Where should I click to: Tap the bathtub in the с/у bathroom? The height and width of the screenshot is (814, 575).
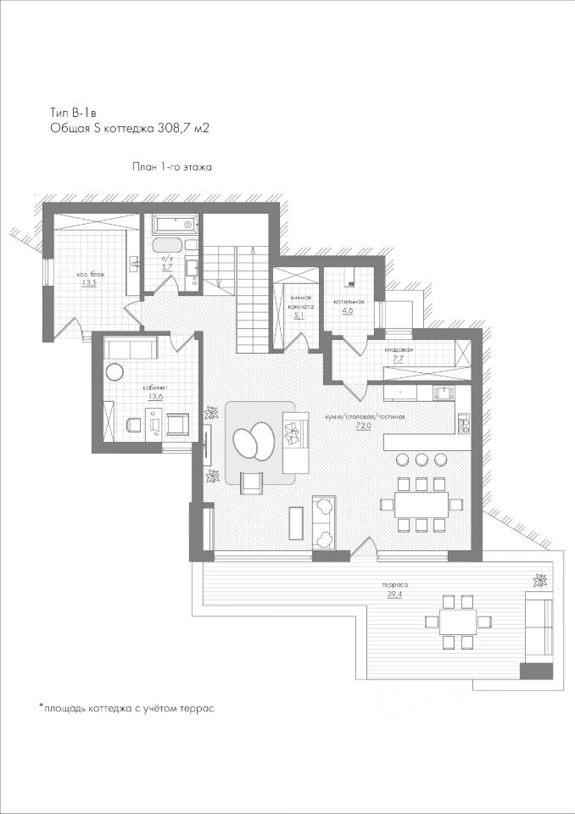coord(175,226)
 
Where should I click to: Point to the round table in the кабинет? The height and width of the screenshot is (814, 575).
coord(115,371)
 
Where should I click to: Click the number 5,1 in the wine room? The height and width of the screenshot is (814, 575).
coord(299,315)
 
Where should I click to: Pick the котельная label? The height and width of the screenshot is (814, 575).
coord(349,301)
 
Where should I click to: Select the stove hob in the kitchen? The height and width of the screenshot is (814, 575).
coord(464,423)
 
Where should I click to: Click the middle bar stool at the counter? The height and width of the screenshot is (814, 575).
coord(422,460)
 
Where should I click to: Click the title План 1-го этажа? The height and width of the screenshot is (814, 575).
coord(171,167)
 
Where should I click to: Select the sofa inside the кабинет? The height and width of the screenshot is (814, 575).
coord(131,347)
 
